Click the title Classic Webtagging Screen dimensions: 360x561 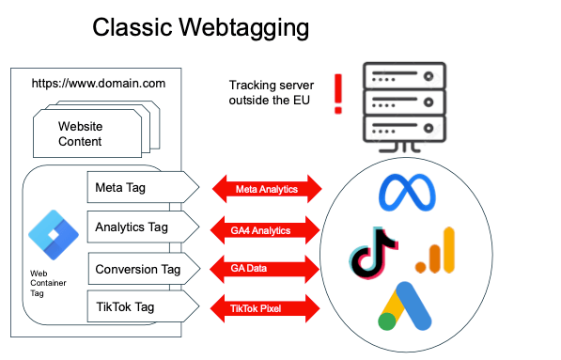200,28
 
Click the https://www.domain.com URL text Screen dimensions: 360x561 99,83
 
